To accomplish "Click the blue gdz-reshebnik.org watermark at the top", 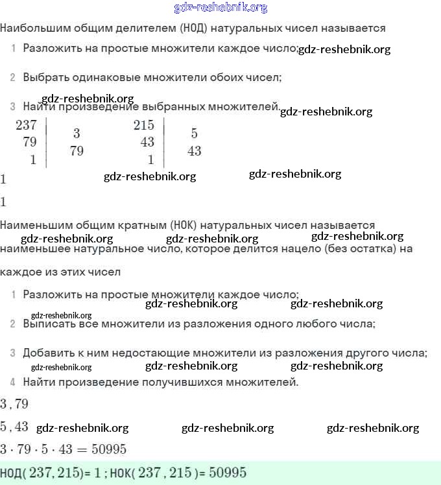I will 220,8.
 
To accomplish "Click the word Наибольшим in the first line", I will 30,29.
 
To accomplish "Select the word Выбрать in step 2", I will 45,77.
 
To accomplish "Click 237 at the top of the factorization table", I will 26,126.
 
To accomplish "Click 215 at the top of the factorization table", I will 143,126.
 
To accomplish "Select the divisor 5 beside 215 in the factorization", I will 194,134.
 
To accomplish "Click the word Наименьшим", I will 33,226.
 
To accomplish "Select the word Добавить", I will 48,353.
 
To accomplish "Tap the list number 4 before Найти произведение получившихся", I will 13,382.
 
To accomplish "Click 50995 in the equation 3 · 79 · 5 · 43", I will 108,449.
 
